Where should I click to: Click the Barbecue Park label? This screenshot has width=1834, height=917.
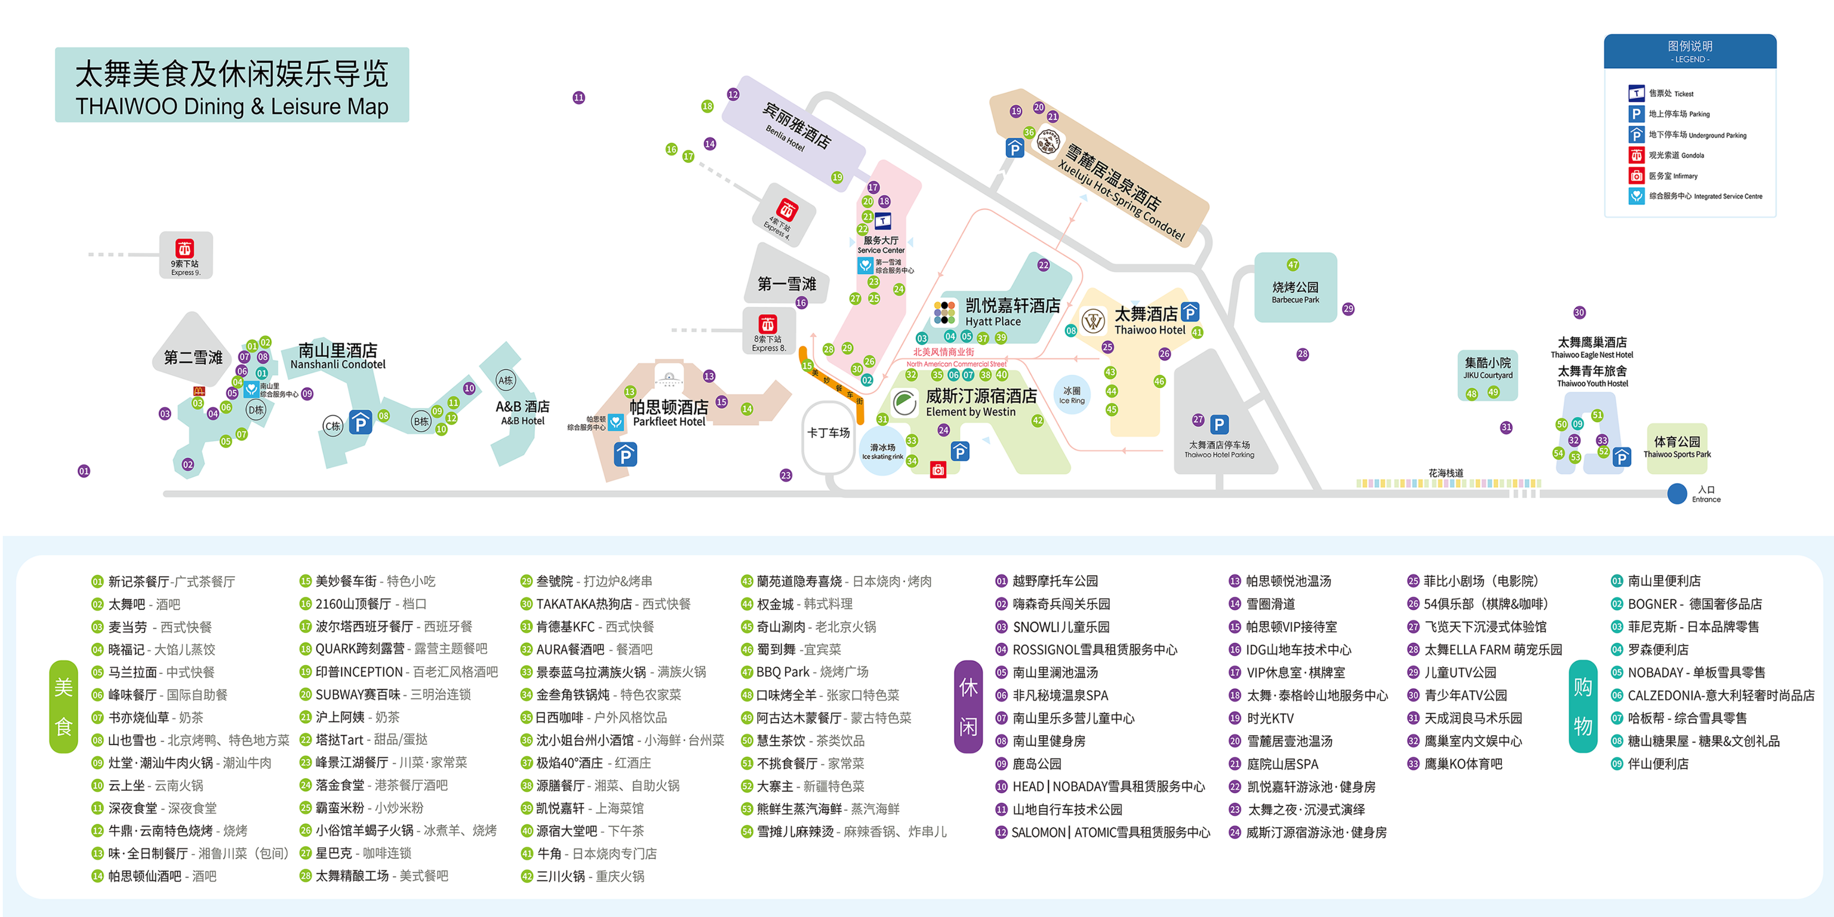(1295, 292)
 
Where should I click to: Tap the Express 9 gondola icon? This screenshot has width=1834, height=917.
(184, 249)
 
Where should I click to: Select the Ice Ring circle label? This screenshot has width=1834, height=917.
(1071, 395)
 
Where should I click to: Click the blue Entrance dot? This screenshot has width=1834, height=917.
(1677, 493)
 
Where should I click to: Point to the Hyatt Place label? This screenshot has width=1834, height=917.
(1011, 312)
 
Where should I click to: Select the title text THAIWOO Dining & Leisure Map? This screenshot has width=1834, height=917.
(231, 107)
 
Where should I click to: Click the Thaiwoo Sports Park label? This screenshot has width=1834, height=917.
(1677, 447)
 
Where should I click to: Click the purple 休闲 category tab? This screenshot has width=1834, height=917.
(968, 706)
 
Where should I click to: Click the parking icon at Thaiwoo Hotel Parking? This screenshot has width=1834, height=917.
(1219, 424)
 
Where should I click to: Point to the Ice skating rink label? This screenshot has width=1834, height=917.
(882, 451)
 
